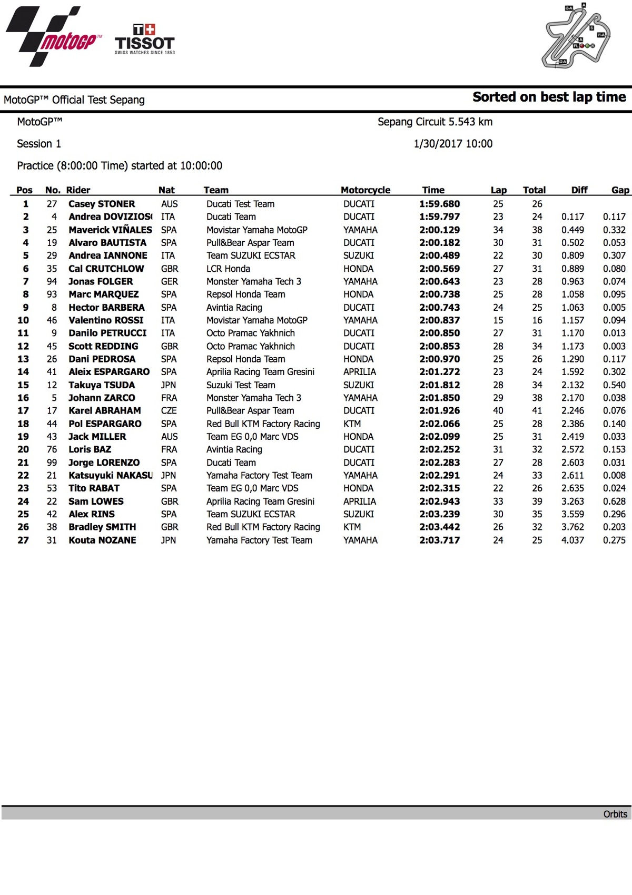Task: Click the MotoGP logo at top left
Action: pos(53,37)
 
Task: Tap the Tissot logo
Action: pos(145,40)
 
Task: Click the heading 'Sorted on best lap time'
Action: pos(549,97)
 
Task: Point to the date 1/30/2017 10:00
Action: pos(453,144)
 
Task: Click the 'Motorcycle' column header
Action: pos(366,190)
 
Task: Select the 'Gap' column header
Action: pos(620,190)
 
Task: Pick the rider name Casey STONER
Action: pos(102,204)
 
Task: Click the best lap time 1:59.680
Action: pos(439,204)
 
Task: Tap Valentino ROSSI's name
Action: pos(106,320)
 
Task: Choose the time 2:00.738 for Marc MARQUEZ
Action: pos(439,294)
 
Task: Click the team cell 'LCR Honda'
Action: pos(228,269)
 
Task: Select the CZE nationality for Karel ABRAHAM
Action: pos(169,411)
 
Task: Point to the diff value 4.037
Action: pos(572,540)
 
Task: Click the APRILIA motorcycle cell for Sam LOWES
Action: pos(359,501)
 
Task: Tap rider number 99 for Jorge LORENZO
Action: pos(52,463)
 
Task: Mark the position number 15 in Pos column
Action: pos(23,385)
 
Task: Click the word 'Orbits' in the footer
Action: pos(615,814)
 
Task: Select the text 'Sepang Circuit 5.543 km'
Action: pos(435,122)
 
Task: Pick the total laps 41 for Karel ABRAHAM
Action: pos(537,411)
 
